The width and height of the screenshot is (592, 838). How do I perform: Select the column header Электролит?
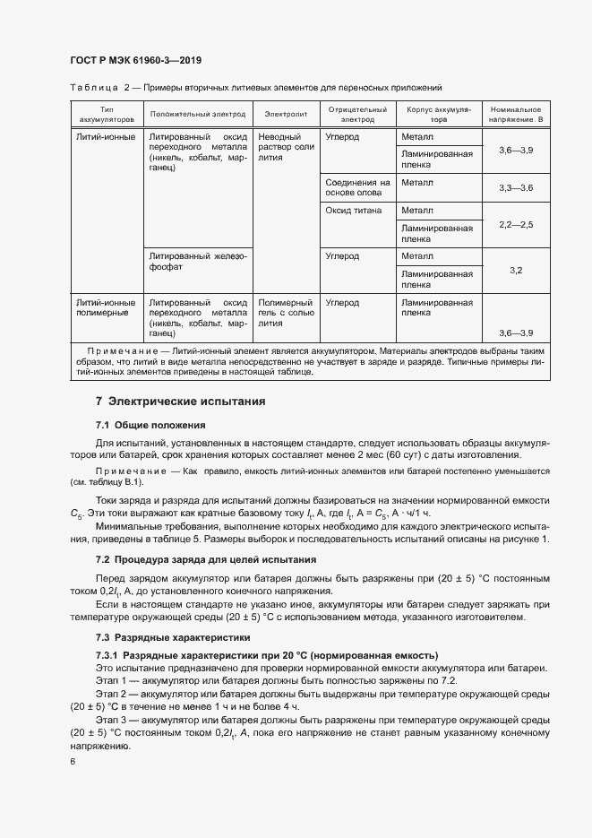coord(286,115)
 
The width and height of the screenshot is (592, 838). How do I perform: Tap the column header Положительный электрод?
coord(197,115)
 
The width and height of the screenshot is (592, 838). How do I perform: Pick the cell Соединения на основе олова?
coord(357,187)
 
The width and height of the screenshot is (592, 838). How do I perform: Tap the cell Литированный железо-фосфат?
coord(197,261)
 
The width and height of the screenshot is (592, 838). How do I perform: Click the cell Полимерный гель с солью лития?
coord(285,313)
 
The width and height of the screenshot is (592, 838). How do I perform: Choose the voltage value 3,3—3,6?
coord(515,188)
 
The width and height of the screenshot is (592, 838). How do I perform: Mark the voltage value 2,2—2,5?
coord(515,223)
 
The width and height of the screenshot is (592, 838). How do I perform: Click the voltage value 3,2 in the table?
coord(515,270)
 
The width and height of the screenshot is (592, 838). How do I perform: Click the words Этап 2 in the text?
coord(111,694)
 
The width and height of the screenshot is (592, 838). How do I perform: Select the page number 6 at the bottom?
coord(73,762)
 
